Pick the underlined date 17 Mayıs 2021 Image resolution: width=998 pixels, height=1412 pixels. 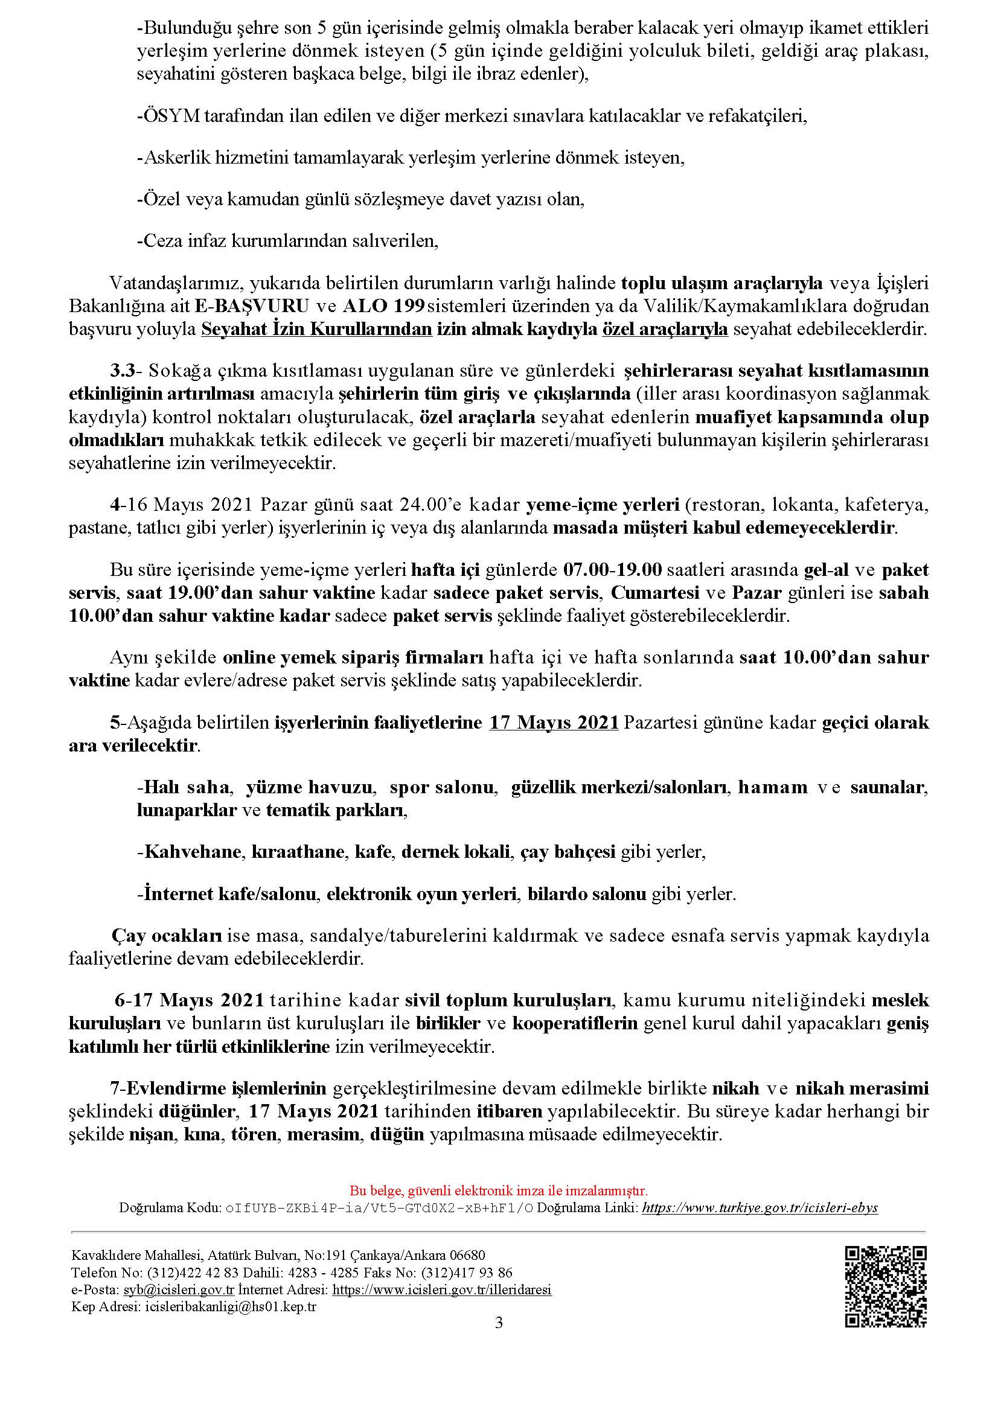(x=554, y=723)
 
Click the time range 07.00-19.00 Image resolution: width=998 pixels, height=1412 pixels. (x=612, y=570)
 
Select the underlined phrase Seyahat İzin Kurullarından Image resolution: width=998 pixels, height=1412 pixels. (x=317, y=329)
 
